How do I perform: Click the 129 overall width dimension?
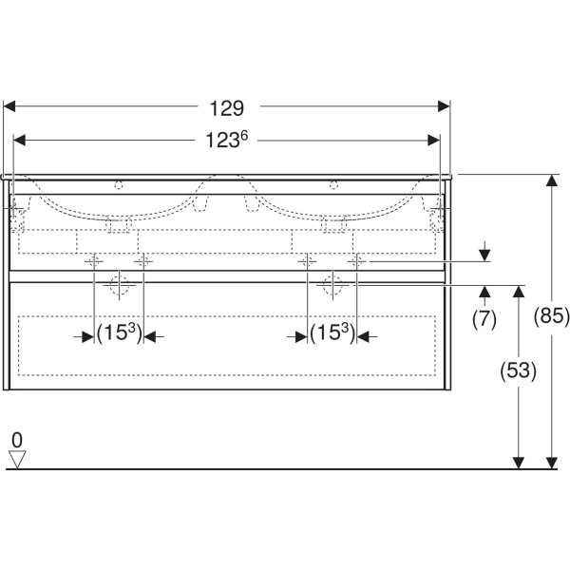coord(227,107)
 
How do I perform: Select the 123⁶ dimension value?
coord(228,141)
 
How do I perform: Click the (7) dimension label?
coord(484,319)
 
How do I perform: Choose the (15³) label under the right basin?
coord(332,334)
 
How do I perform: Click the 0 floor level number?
coord(17,439)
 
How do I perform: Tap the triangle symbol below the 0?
coord(17,460)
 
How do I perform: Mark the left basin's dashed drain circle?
coord(119,283)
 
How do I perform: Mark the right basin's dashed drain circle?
coord(332,283)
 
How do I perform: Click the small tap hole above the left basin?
coord(120,185)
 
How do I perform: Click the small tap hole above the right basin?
coord(333,185)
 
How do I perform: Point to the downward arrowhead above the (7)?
coord(484,254)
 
